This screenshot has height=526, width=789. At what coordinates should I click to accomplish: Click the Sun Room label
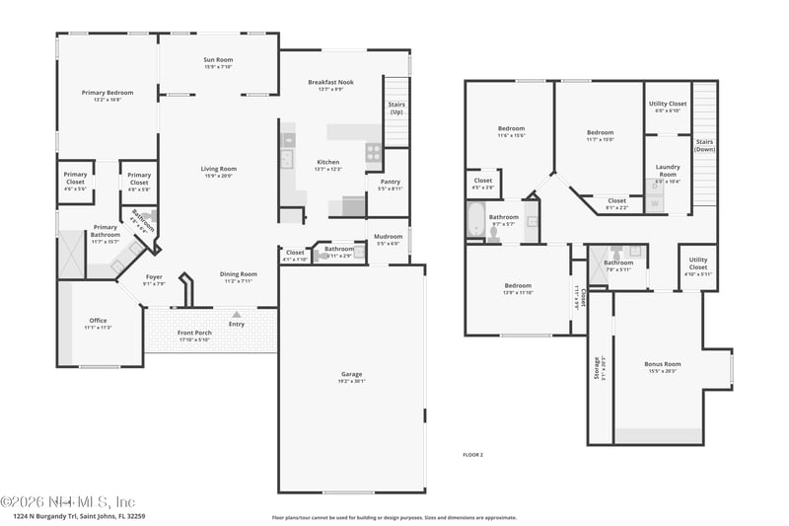pos(217,62)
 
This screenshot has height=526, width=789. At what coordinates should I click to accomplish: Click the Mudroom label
pos(389,238)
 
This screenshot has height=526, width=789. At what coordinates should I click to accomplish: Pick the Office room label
pos(98,322)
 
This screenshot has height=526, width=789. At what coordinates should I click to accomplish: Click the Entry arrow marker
pos(236,314)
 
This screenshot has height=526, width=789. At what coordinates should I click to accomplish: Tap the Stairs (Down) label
pos(704,145)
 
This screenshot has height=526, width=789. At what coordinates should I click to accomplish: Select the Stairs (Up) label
pos(396,108)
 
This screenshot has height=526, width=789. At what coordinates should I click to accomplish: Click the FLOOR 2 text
pos(473,454)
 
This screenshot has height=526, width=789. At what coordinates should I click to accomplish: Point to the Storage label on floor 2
pos(597,368)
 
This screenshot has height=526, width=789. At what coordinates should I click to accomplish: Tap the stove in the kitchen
pos(374,152)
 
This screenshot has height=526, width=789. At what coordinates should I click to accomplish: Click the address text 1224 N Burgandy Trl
pos(80,515)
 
